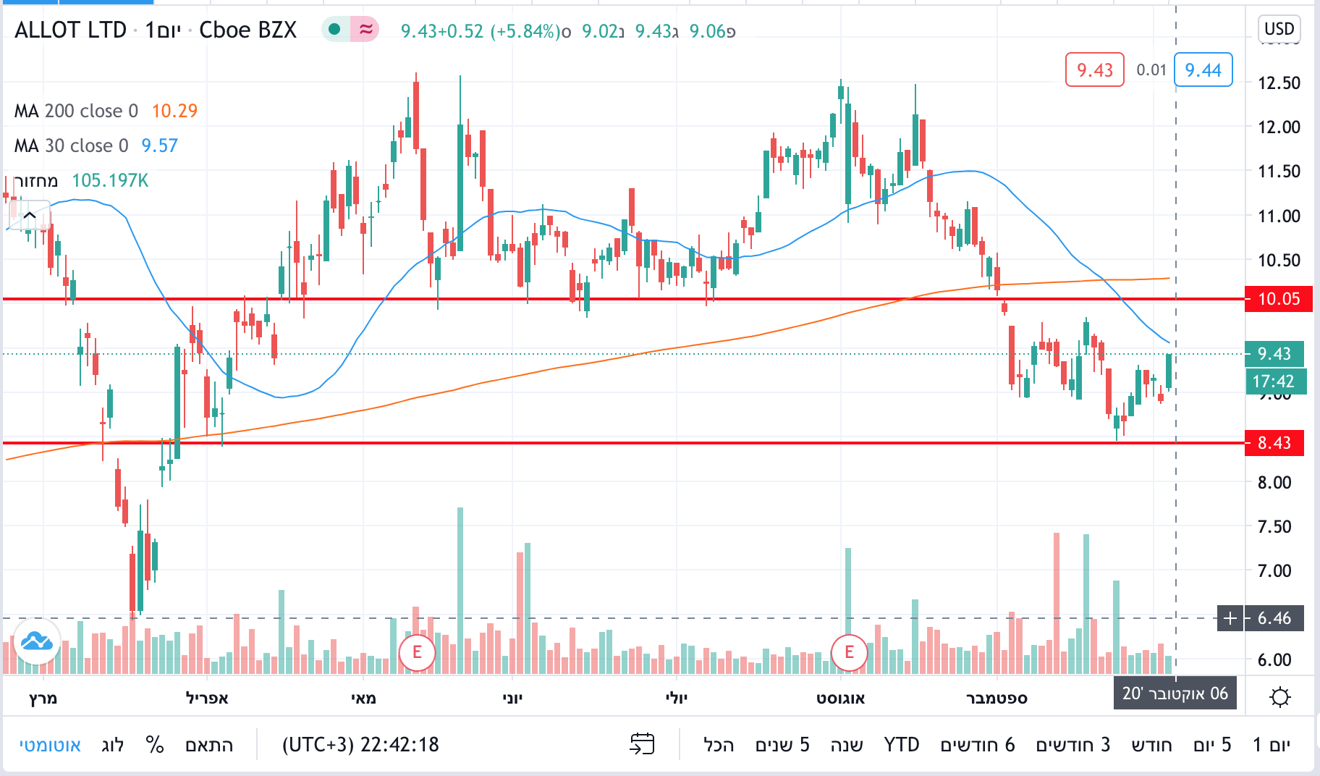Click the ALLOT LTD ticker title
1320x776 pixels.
coord(71,30)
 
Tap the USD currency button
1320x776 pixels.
coord(1279,29)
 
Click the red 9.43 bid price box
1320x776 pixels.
coord(1094,70)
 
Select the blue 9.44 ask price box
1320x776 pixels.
coord(1203,70)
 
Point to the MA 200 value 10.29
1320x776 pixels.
coord(174,111)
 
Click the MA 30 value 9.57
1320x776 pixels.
coord(159,145)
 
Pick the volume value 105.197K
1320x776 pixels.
coord(110,180)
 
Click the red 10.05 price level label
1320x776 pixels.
coord(1278,299)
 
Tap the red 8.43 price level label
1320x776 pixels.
coord(1274,443)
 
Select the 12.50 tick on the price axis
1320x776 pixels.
coord(1279,83)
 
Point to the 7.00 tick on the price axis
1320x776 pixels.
coord(1274,571)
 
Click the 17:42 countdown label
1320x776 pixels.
coord(1274,381)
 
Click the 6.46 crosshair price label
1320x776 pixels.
coord(1274,618)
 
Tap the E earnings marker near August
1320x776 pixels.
coord(849,652)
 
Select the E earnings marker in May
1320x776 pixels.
coord(417,652)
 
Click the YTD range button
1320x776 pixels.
coord(901,745)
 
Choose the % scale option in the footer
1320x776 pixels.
coord(155,745)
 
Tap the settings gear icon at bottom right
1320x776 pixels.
coord(1279,697)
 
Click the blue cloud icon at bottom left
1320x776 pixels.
coord(36,641)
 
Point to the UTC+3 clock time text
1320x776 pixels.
coord(360,745)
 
